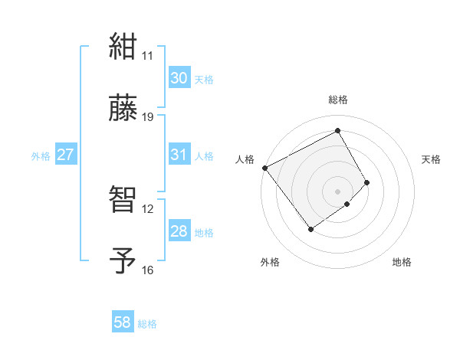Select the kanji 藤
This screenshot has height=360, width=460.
point(123,108)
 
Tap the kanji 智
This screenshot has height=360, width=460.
point(123,199)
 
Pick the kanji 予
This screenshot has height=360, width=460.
point(123,260)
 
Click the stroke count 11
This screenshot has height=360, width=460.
point(148,56)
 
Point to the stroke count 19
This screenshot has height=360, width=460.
point(148,117)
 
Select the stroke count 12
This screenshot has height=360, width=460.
point(148,208)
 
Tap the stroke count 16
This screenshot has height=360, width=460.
point(148,270)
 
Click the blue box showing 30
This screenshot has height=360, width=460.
point(179,78)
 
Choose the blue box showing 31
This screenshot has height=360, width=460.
point(179,155)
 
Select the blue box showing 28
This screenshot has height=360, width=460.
point(179,231)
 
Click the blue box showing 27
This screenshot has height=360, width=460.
point(66,155)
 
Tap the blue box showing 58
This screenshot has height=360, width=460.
point(123,322)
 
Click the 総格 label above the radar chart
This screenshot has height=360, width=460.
point(338,100)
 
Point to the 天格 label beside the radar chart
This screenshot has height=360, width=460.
point(432,159)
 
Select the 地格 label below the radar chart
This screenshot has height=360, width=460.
point(402,263)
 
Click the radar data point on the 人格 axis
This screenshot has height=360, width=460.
point(264,168)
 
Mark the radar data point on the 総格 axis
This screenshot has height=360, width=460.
point(338,131)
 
